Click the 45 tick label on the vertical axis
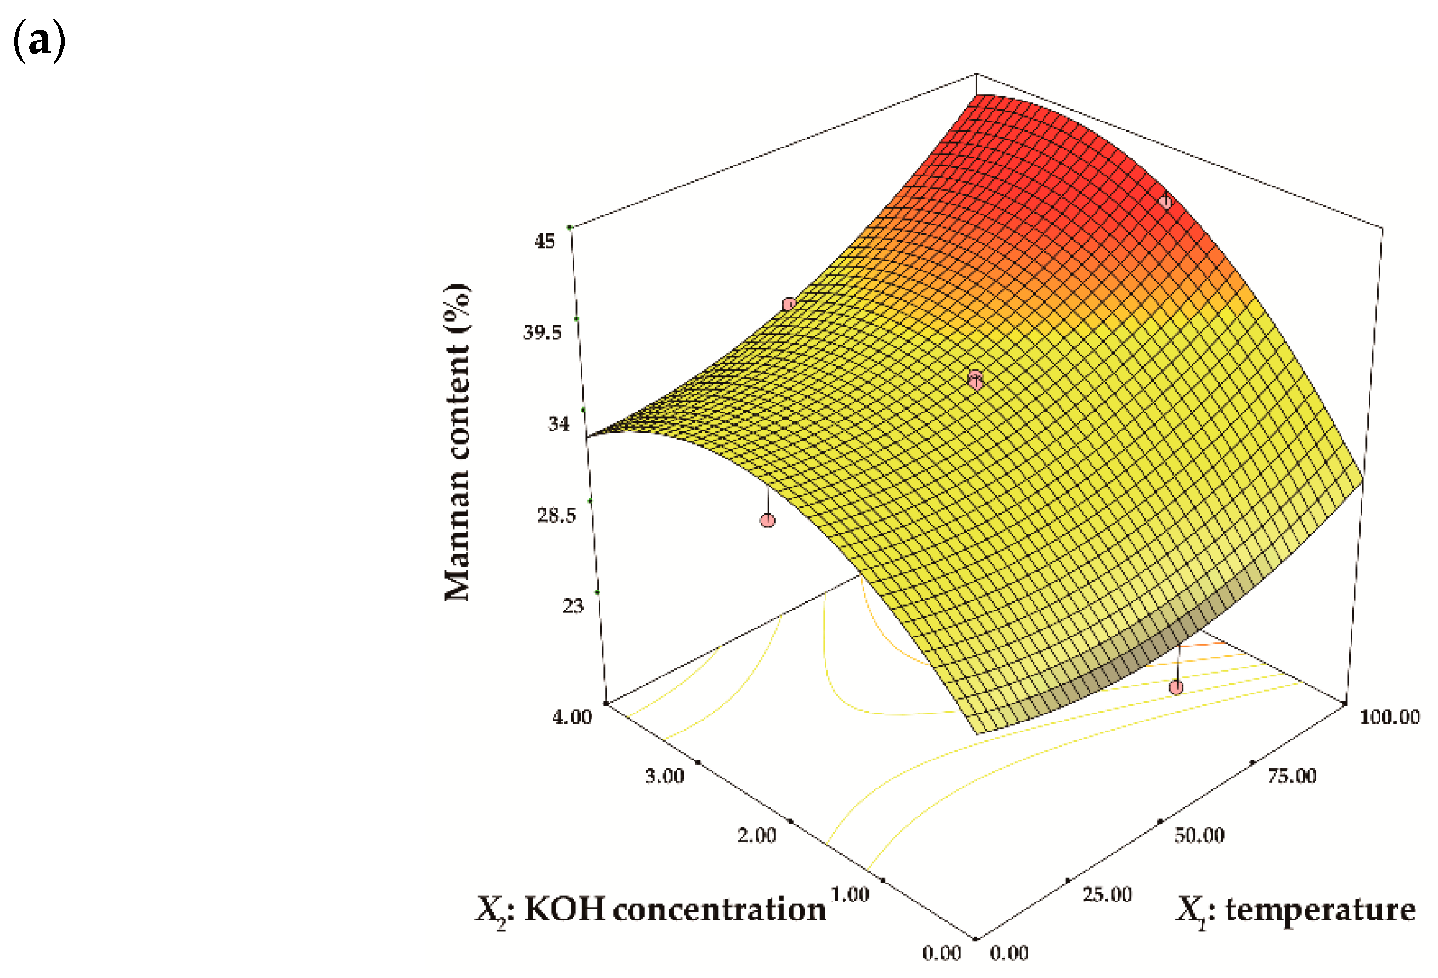coord(545,241)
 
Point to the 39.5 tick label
coord(542,333)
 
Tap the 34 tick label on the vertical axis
coord(559,424)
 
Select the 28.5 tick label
coord(556,515)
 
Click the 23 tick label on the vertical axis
coord(573,606)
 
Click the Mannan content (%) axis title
coord(458,442)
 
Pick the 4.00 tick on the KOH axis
coord(572,717)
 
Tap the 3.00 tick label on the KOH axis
coord(665,777)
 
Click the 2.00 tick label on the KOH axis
coord(756,836)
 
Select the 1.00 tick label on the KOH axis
coord(850,895)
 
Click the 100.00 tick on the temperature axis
coord(1389,717)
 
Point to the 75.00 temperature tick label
coord(1291,777)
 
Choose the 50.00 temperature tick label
coord(1199,836)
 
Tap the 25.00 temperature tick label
coord(1107,895)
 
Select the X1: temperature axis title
coord(1295,910)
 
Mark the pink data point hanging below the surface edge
coord(767,520)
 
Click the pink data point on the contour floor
coord(1176,688)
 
